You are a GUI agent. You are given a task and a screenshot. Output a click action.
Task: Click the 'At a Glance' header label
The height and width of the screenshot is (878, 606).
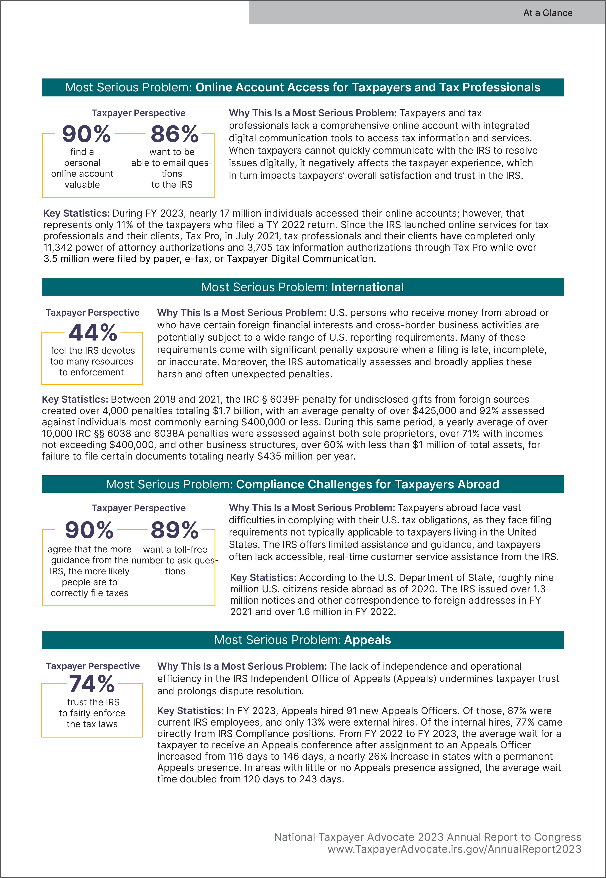tap(547, 13)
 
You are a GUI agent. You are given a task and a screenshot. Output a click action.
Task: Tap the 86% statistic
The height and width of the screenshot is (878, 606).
tap(174, 134)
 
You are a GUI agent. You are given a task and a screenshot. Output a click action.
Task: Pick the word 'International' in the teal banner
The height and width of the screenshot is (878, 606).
tap(367, 287)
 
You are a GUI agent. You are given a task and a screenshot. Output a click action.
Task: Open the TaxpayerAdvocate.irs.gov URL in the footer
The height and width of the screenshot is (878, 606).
tap(454, 849)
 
